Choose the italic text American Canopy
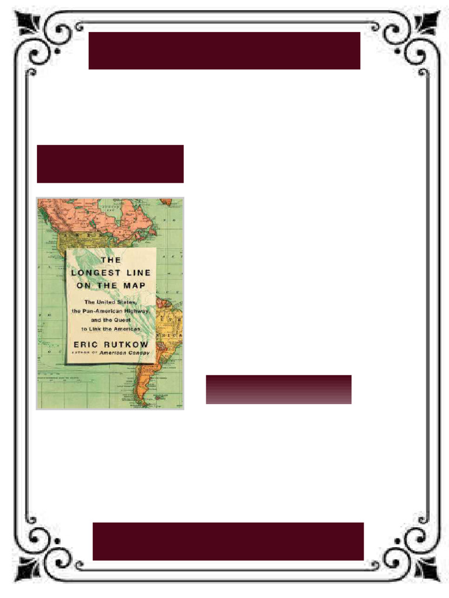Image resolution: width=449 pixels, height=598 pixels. (x=125, y=353)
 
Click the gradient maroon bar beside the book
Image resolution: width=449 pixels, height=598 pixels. (x=278, y=390)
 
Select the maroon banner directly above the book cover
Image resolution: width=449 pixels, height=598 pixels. (x=110, y=164)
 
